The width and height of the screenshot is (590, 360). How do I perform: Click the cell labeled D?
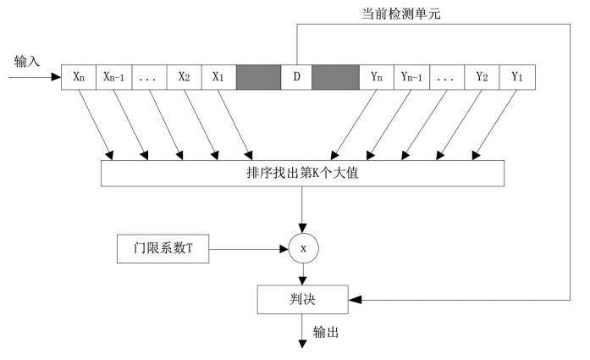[x=296, y=77]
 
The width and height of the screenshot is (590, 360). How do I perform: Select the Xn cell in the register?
[x=80, y=77]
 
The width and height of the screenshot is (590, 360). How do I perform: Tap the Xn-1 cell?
[x=114, y=77]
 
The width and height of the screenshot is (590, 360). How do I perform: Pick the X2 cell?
[x=184, y=77]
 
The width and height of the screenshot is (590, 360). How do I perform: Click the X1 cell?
[x=218, y=77]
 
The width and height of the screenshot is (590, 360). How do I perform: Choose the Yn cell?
[x=377, y=77]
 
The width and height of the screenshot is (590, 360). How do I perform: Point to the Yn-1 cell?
[x=411, y=77]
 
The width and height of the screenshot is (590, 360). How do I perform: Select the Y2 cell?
[x=482, y=77]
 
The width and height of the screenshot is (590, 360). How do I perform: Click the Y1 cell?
[x=516, y=77]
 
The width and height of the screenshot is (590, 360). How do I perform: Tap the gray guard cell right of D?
[x=335, y=77]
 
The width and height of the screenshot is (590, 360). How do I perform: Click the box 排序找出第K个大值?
[x=302, y=173]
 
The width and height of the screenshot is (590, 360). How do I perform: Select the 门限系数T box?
[x=160, y=249]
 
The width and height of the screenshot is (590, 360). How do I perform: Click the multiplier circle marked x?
[x=302, y=249]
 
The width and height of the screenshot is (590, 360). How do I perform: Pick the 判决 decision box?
[x=302, y=298]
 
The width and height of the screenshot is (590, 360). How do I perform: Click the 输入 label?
[x=27, y=62]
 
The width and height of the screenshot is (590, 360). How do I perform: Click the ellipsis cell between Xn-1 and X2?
[x=149, y=77]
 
